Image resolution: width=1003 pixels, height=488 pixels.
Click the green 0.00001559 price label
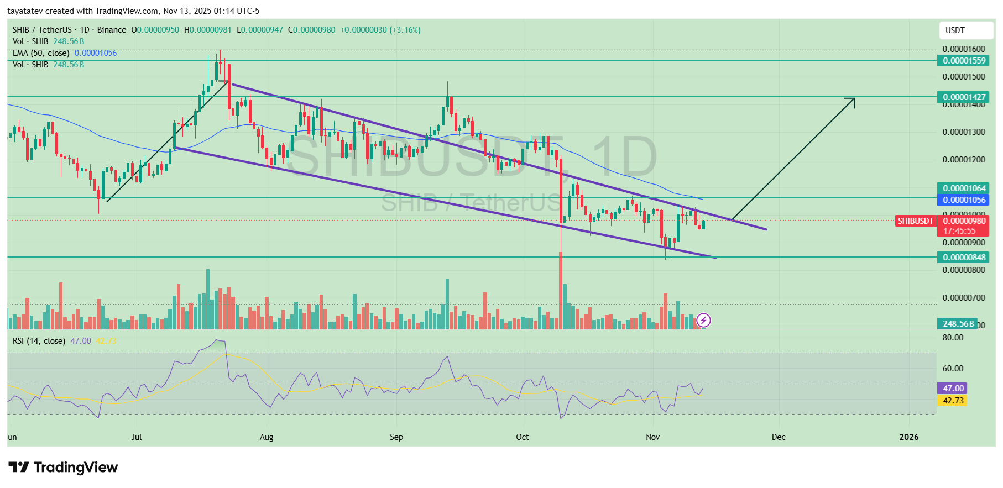click(x=964, y=61)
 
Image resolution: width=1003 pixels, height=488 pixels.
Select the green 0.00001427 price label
click(x=964, y=97)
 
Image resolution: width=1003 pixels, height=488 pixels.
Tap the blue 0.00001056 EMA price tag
click(x=964, y=200)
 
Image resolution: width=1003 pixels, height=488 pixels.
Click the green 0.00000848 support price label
click(x=964, y=258)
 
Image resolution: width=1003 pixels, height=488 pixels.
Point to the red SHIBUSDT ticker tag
click(x=915, y=221)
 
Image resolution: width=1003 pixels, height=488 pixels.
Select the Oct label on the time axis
click(x=522, y=437)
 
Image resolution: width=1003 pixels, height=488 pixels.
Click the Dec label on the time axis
click(x=778, y=437)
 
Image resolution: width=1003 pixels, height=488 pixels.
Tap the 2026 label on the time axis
click(x=908, y=437)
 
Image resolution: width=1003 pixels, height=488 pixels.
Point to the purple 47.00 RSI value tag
click(x=953, y=389)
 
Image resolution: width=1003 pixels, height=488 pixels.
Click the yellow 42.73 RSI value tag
click(x=953, y=401)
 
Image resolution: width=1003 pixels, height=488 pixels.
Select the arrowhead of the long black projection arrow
click(x=851, y=101)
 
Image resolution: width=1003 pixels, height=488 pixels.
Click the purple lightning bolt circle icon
click(x=703, y=320)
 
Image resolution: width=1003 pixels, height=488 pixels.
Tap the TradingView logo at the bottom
click(x=63, y=468)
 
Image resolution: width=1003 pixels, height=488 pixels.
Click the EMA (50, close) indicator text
click(x=41, y=53)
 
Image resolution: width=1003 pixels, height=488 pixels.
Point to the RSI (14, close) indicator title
click(x=39, y=341)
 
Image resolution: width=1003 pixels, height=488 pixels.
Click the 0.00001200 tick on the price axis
click(x=964, y=160)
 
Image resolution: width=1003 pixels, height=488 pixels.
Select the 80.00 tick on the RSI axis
click(x=953, y=338)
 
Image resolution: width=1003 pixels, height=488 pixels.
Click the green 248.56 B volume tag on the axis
click(x=958, y=324)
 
